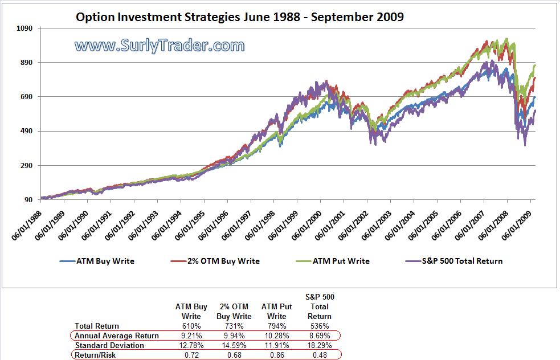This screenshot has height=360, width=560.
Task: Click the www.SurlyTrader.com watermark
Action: pyautogui.click(x=160, y=46)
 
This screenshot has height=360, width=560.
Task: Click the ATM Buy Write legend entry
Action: pyautogui.click(x=97, y=261)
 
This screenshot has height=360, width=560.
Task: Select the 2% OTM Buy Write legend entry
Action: pyautogui.click(x=215, y=261)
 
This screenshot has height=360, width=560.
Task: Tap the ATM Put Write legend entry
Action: pyautogui.click(x=333, y=261)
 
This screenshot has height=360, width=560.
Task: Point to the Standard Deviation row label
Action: pyautogui.click(x=109, y=345)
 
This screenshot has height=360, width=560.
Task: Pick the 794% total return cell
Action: pyautogui.click(x=277, y=326)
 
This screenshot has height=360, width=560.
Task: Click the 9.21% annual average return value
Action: pyautogui.click(x=191, y=336)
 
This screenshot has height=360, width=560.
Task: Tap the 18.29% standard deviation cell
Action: pyautogui.click(x=319, y=345)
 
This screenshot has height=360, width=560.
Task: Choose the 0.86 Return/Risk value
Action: pyautogui.click(x=277, y=355)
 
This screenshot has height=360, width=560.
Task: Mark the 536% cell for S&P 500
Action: pyautogui.click(x=319, y=326)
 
